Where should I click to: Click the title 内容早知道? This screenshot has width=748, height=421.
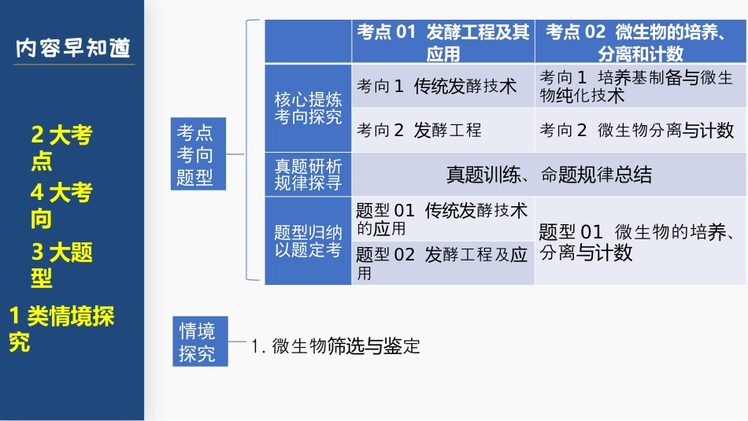(73, 48)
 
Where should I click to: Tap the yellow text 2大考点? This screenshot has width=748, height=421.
(61, 148)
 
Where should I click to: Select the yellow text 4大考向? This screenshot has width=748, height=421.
(61, 205)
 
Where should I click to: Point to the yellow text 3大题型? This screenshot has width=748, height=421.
(61, 264)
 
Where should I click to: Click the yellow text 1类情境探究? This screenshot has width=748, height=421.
(61, 328)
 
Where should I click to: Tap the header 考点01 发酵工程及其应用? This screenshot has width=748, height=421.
(443, 42)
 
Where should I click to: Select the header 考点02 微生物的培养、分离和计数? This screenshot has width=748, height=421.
(639, 42)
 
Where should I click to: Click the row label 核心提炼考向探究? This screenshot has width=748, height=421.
(308, 109)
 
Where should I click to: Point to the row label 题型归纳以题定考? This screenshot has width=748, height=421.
(308, 241)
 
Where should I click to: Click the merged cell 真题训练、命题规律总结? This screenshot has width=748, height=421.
(549, 175)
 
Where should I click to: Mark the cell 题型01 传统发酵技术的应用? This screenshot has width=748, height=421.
(442, 219)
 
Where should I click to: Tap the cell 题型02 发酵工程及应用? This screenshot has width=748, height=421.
(442, 263)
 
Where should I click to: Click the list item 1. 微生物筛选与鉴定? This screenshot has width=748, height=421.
(335, 346)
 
